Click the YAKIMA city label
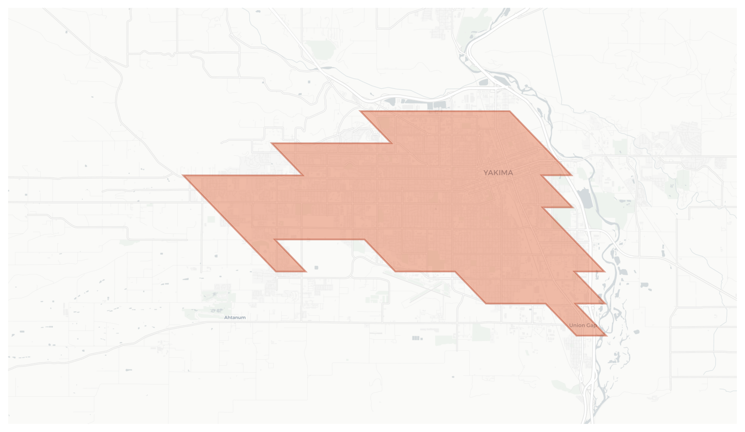(498, 173)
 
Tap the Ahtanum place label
(235, 317)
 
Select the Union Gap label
(583, 325)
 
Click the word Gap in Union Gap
(591, 325)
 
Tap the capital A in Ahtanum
(226, 317)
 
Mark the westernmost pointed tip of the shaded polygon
(183, 175)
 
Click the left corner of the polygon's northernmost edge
(360, 111)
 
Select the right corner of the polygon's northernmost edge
(510, 111)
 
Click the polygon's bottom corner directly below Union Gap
(577, 335)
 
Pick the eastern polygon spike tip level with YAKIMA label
(572, 175)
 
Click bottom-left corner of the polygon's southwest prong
(276, 271)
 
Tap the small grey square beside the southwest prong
(316, 268)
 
